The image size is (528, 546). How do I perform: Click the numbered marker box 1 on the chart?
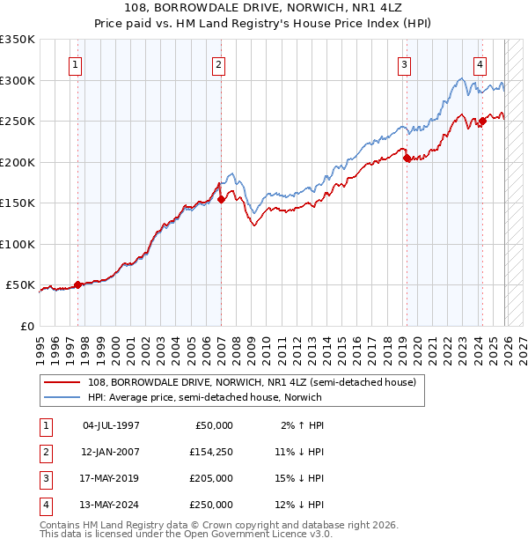point(76,63)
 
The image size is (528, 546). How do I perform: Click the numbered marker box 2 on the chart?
point(217,63)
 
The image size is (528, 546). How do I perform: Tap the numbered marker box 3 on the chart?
point(404,63)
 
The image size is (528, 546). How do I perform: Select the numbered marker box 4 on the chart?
point(480,63)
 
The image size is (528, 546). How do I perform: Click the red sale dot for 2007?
point(221,200)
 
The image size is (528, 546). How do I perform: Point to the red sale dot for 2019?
point(407,159)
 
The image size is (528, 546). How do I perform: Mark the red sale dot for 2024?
point(482,122)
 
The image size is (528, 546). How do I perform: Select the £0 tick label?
point(26,326)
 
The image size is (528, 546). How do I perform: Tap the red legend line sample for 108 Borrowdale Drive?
point(64,382)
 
